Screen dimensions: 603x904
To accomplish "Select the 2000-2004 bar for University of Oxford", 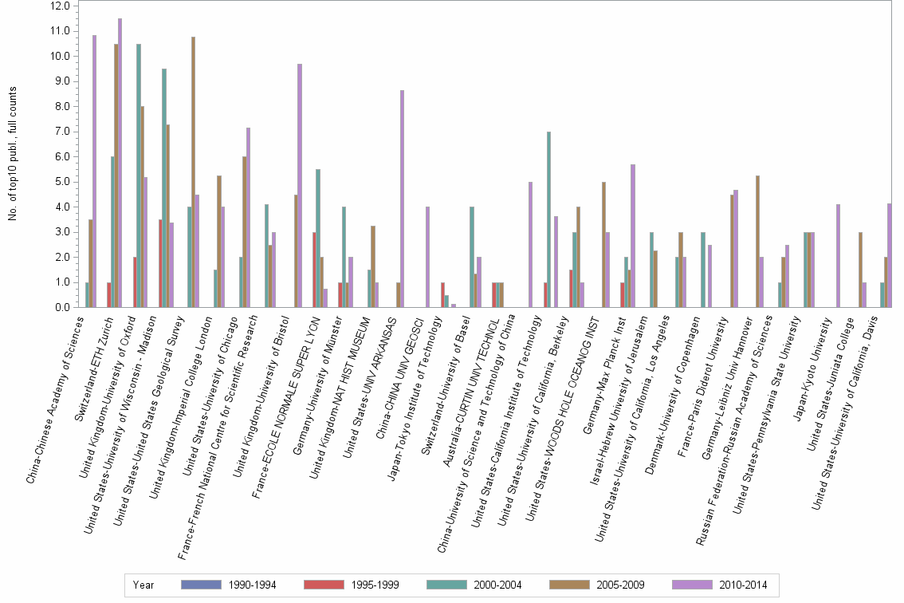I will pos(139,175).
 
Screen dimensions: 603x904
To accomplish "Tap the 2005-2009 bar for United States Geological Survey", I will pos(193,172).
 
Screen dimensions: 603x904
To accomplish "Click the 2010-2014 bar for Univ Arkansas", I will pos(402,199).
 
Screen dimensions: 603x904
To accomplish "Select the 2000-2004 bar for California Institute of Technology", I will pos(548,219).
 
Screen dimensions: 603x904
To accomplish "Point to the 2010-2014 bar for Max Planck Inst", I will pos(632,236).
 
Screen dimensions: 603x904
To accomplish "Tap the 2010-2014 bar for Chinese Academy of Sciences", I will pos(94,171).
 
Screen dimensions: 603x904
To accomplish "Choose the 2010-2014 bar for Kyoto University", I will pos(838,256).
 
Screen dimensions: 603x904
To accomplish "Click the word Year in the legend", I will pos(143,585).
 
